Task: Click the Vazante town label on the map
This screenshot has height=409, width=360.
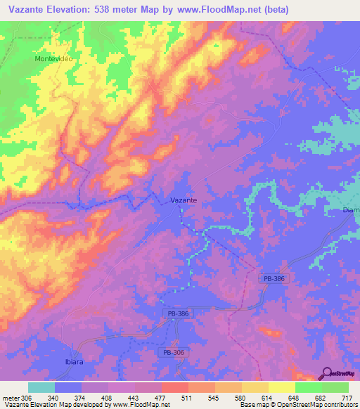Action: click(184, 200)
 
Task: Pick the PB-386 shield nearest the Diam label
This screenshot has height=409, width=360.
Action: click(274, 279)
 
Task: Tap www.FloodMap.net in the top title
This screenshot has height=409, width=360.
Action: click(212, 8)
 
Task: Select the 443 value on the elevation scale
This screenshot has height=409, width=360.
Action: click(134, 397)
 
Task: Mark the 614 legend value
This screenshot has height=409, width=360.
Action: click(268, 397)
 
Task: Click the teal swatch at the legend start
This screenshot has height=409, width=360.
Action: click(41, 387)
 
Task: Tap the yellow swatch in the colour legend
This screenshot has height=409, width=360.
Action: click(281, 387)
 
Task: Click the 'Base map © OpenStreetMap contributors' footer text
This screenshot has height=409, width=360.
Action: click(300, 405)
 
